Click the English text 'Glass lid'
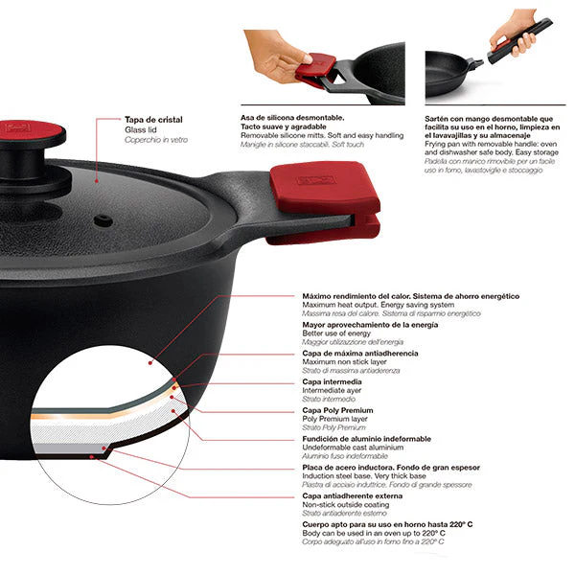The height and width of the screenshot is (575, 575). [143, 129]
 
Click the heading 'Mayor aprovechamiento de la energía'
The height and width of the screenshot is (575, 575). [370, 325]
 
